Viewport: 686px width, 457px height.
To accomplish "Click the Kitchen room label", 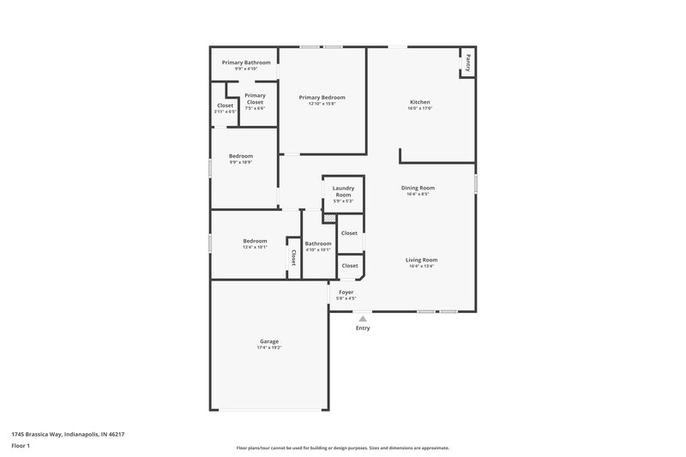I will coord(419,102).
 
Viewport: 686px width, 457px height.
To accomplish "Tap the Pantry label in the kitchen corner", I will coord(468,63).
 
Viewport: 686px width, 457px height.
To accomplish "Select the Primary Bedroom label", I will coord(322,98).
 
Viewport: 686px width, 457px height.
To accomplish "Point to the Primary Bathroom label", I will coord(246,63).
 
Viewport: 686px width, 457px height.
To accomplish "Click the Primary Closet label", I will coord(255,99).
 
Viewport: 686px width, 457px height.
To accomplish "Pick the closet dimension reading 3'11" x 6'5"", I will coord(225,112).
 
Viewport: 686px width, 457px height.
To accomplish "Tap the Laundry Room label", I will coord(343,191).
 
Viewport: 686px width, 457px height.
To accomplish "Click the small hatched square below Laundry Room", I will coord(329,219).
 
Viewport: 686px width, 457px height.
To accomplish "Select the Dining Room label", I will coord(418,188).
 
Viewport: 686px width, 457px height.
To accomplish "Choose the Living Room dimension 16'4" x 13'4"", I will coord(421,267).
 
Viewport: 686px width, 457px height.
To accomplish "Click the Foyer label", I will coord(346,292).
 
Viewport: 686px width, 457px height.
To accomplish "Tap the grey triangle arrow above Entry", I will coord(363,318).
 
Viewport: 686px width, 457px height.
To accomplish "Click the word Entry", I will coord(363,328).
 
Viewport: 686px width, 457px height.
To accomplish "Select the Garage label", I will coord(268,341).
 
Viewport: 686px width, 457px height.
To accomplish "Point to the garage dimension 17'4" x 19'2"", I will coord(268,348).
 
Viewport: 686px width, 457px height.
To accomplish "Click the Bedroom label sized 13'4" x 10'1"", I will coord(255,241).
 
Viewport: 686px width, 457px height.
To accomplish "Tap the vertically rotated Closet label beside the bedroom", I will coord(293,257).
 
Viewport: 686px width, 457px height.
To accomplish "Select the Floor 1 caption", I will coord(21,447).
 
